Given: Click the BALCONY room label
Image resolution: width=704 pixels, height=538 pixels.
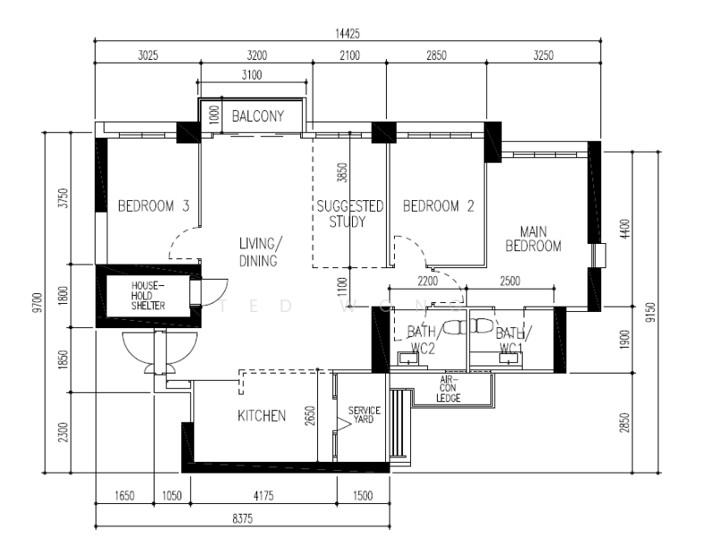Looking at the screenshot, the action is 258,117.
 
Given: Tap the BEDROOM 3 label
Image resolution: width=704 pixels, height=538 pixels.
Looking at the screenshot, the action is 153,206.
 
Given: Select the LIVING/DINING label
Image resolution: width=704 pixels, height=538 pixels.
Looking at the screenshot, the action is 260,252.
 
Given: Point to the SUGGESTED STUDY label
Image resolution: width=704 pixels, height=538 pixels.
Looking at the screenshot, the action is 349,213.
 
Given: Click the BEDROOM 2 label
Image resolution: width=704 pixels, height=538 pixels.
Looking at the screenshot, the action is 438,206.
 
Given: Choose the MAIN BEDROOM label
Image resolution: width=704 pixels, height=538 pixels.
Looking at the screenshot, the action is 534,239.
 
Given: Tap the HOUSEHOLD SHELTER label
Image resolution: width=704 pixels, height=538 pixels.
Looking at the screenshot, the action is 148,296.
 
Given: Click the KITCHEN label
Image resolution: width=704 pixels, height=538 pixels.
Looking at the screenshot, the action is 262,415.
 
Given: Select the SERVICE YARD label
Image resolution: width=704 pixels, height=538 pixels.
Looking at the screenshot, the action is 365,414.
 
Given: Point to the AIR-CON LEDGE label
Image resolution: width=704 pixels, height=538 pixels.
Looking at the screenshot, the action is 448,389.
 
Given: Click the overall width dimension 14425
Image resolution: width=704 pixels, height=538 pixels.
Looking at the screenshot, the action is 348,34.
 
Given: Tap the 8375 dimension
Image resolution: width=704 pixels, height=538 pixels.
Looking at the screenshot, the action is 243,518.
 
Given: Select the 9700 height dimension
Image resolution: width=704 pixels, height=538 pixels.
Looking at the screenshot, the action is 39,302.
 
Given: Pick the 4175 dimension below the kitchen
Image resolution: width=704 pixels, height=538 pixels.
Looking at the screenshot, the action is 263,496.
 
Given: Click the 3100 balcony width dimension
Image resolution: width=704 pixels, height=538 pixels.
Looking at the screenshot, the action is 252,74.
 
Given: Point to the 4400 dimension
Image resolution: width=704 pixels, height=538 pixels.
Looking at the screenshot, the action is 624,229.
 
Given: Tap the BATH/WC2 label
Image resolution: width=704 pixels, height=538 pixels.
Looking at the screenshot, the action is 422,340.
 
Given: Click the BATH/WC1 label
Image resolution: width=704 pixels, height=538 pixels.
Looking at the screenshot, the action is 512,340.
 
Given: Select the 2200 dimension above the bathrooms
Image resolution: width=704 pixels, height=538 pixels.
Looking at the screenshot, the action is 427,282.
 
